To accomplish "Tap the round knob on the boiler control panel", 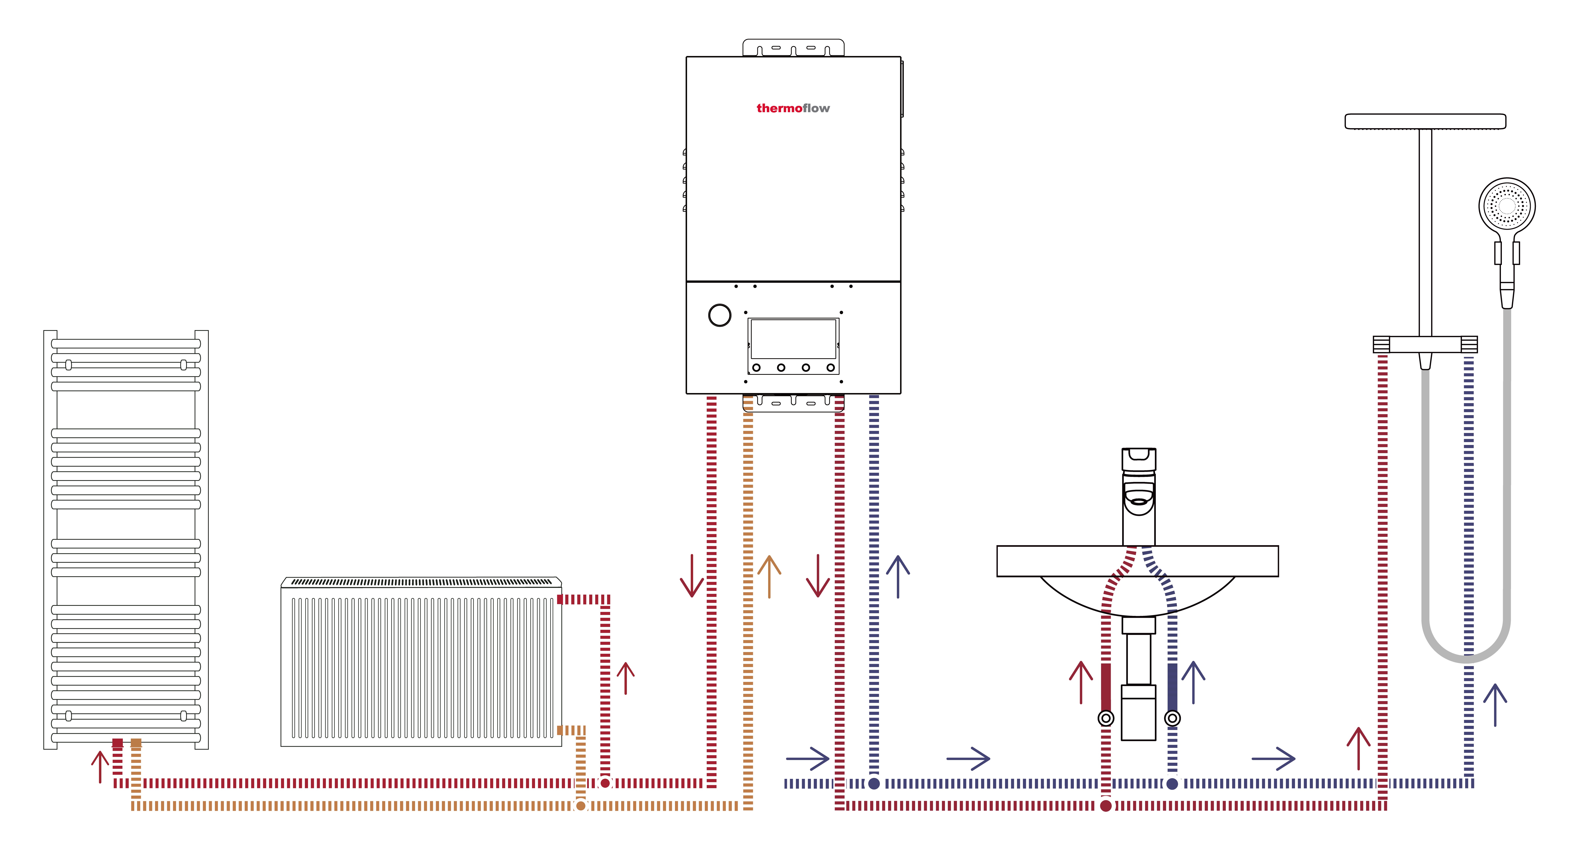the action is click(719, 315).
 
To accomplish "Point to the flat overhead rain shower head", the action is click(1425, 122).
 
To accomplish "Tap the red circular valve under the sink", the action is click(1106, 718).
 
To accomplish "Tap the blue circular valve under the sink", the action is click(1172, 718).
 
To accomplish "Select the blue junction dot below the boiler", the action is click(874, 783).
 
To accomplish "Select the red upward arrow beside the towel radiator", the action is click(100, 766).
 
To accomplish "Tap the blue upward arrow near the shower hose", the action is click(1495, 705).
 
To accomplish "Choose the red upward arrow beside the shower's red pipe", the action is click(1358, 748).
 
